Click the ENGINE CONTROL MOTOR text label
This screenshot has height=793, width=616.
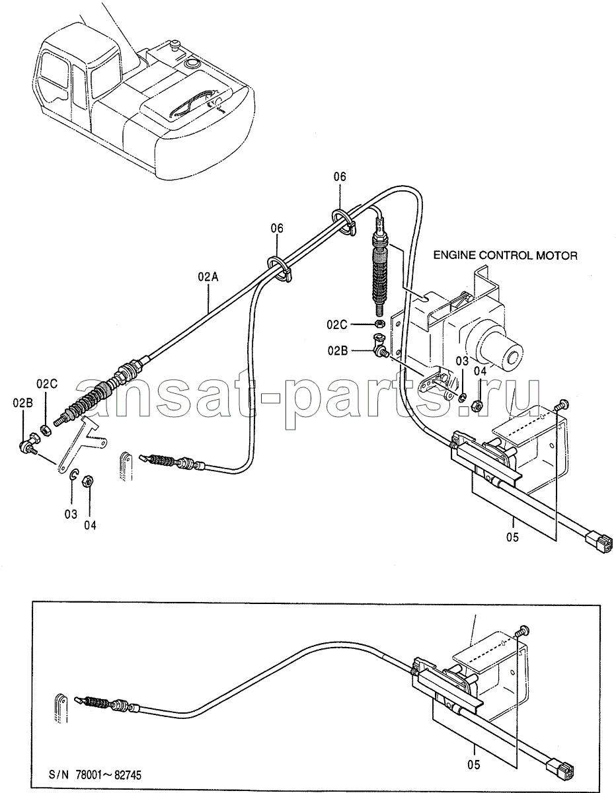pyautogui.click(x=506, y=256)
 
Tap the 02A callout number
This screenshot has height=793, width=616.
pyautogui.click(x=208, y=277)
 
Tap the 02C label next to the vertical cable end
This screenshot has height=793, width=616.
pyautogui.click(x=337, y=324)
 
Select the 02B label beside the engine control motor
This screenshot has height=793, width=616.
pyautogui.click(x=338, y=351)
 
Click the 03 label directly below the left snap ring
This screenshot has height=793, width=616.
pyautogui.click(x=71, y=514)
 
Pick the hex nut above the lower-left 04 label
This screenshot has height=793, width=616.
pyautogui.click(x=89, y=481)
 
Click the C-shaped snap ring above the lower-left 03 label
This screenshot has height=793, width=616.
pyautogui.click(x=73, y=474)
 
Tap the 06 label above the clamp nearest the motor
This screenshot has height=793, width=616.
pyautogui.click(x=339, y=176)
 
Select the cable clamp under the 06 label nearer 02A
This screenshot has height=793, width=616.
pyautogui.click(x=280, y=269)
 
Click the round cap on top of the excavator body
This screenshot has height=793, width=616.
pyautogui.click(x=190, y=64)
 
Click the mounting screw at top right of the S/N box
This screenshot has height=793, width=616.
pyautogui.click(x=523, y=630)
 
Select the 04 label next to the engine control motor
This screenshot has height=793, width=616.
pyautogui.click(x=480, y=371)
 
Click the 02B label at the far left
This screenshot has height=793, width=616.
pyautogui.click(x=22, y=403)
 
